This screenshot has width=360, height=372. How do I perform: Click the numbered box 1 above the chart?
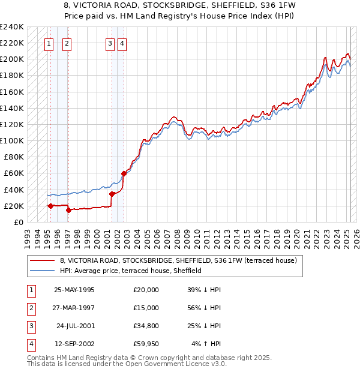coord(49,43)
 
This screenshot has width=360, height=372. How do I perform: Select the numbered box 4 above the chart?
coord(122,43)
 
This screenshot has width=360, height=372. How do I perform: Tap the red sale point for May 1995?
coord(50,206)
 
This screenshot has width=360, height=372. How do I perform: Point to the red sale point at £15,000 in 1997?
coord(68,210)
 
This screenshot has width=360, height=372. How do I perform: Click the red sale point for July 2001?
coord(112,194)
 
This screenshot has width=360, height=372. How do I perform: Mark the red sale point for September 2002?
coord(124,173)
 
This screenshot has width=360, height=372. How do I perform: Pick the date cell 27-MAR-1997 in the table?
coord(74,308)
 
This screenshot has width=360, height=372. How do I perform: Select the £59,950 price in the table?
coord(146,344)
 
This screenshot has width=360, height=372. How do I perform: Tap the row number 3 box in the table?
coord(31,326)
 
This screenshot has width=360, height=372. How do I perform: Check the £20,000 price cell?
coord(146,290)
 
